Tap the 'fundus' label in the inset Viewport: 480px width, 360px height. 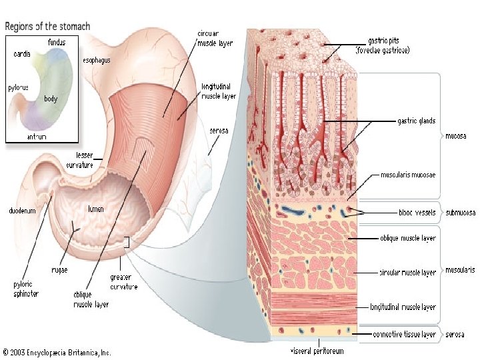tap(57, 43)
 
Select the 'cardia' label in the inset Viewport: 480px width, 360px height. tap(21, 54)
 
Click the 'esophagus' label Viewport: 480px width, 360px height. tap(97, 59)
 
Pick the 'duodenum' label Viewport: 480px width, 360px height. tap(22, 210)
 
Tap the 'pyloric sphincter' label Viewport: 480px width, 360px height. tap(26, 288)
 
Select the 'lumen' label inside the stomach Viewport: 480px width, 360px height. tap(96, 209)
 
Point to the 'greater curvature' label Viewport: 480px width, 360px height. tap(124, 282)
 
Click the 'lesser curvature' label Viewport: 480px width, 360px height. tap(79, 159)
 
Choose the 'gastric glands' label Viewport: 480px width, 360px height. tap(417, 121)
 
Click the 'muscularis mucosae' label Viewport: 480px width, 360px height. tap(408, 175)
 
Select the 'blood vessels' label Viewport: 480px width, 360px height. tap(416, 213)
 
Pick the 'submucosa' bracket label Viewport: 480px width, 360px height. tap(461, 213)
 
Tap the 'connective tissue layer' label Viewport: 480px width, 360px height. tap(405, 333)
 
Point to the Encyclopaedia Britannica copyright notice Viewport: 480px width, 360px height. tap(56, 351)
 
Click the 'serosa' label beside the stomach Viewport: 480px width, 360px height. tap(219, 131)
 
